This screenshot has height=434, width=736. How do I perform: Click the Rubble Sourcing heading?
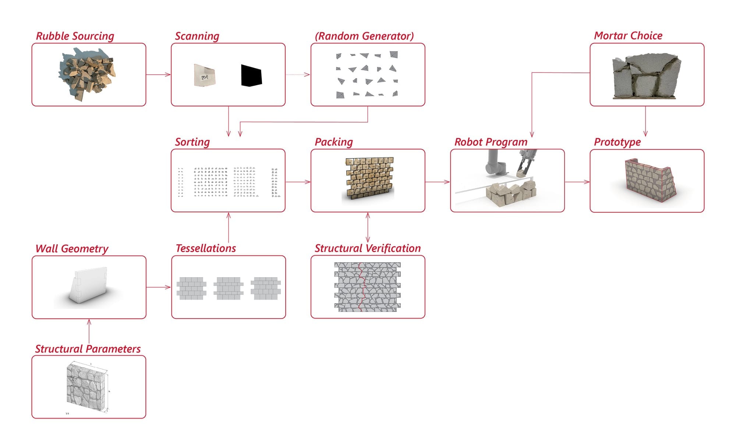(75, 36)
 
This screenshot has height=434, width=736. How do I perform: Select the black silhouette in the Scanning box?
(251, 75)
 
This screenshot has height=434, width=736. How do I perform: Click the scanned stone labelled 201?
(204, 75)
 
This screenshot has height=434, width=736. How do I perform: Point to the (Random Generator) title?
(364, 36)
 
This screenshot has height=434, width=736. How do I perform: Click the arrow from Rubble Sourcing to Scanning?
(158, 75)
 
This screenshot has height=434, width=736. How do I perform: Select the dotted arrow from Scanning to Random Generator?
(298, 75)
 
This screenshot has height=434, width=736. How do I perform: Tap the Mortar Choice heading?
(628, 36)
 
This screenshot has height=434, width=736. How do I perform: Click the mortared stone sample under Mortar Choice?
(646, 77)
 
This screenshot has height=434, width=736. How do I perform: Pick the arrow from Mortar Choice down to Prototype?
(645, 121)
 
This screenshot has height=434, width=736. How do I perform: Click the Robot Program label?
(491, 142)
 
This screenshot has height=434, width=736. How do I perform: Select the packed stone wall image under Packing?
(369, 178)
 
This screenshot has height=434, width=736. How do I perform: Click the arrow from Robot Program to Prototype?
(577, 182)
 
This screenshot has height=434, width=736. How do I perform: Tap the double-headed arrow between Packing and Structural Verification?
(368, 227)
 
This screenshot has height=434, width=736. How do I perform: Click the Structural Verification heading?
(367, 248)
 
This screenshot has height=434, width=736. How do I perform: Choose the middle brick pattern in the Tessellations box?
(229, 288)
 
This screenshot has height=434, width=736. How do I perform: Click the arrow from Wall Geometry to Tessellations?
(158, 287)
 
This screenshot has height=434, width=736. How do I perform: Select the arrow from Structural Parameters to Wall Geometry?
(89, 331)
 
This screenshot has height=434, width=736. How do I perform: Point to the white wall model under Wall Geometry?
(88, 285)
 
